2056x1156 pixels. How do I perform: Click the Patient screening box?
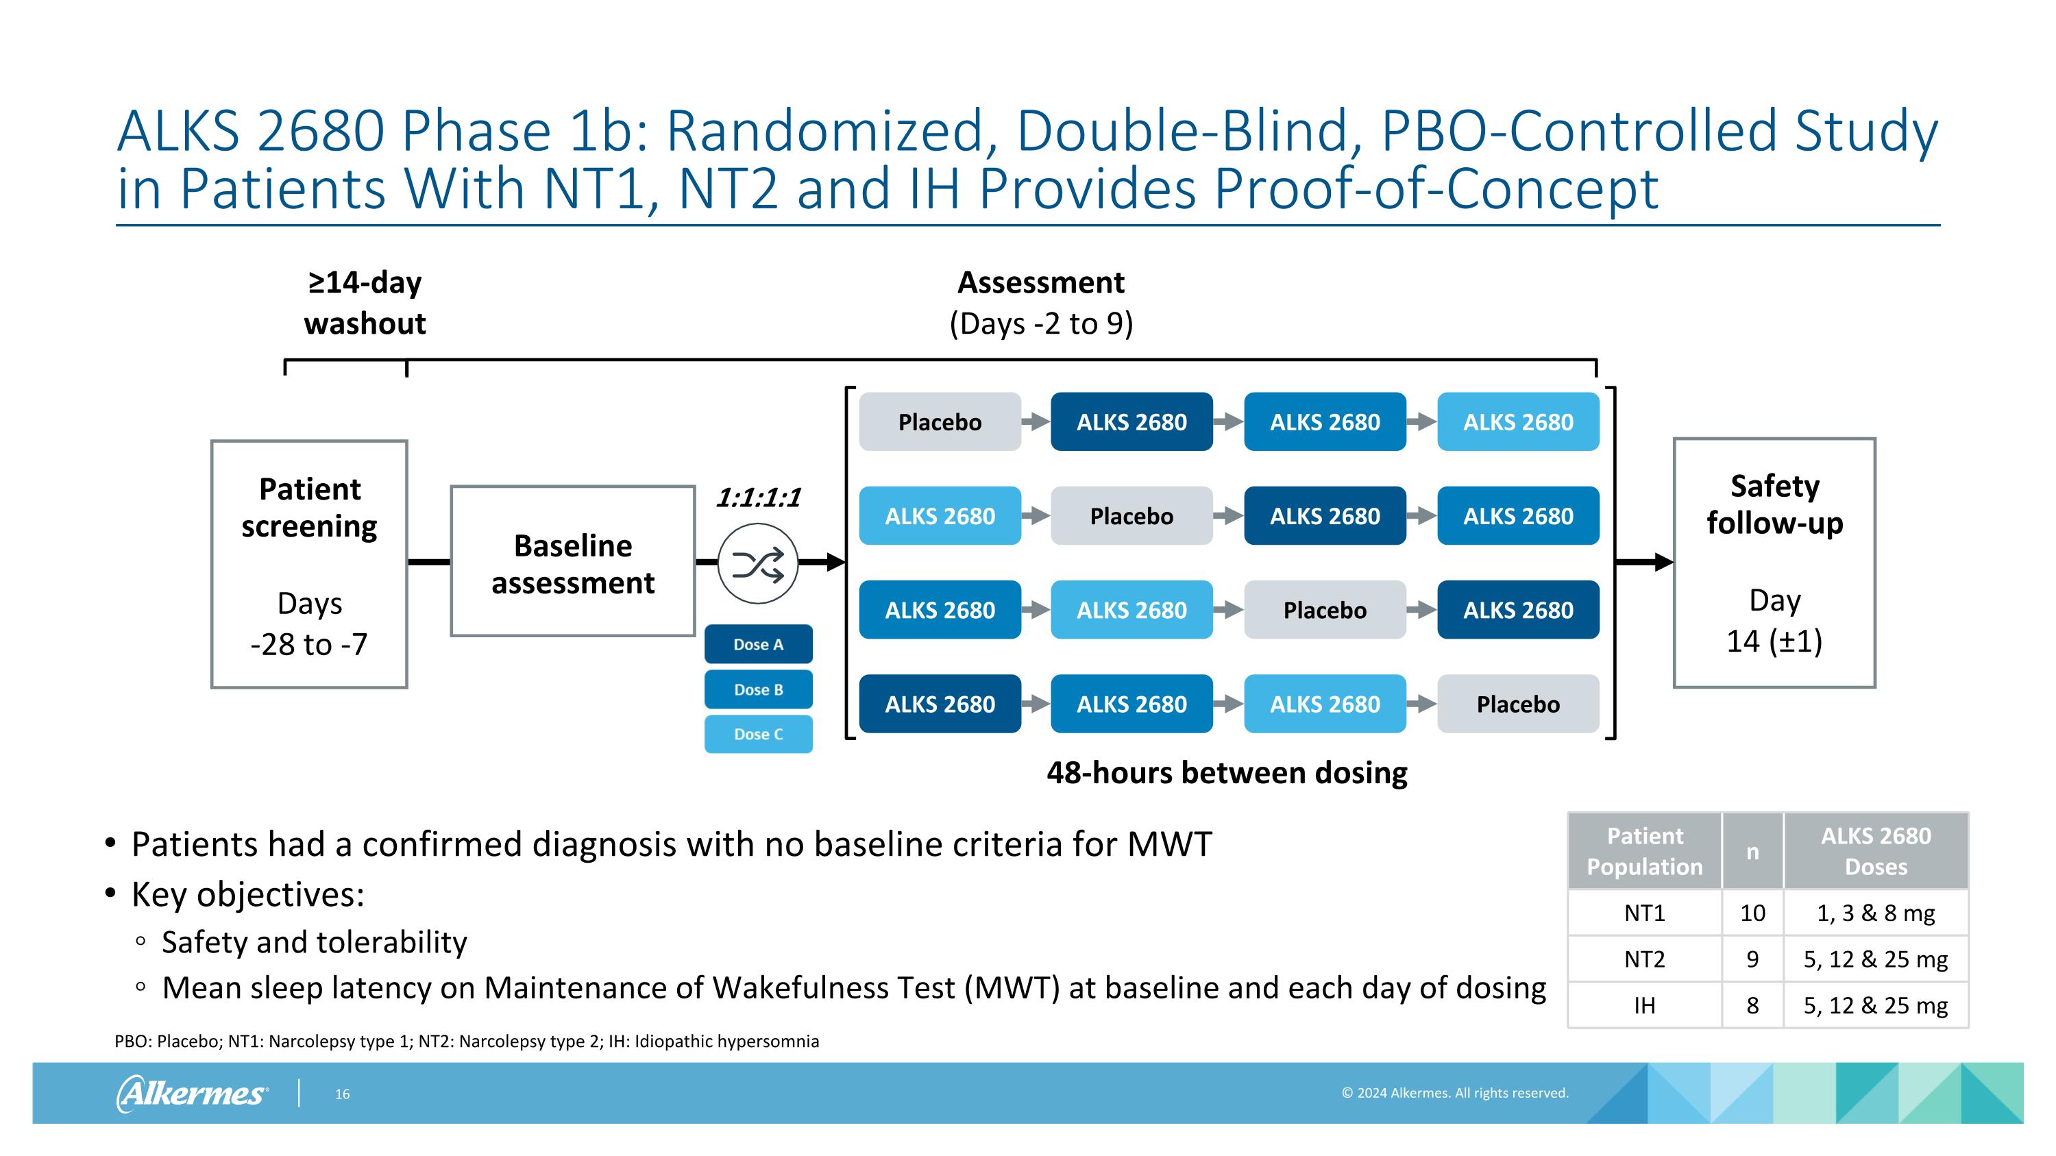[x=309, y=564]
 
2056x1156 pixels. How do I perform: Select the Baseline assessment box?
[x=572, y=562]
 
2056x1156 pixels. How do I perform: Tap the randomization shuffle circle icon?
[x=757, y=564]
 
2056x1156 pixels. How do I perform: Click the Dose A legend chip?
[x=758, y=645]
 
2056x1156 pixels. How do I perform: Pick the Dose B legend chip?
[x=758, y=689]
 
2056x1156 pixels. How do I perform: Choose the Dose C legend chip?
[x=758, y=734]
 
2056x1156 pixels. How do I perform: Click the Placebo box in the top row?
[x=940, y=422]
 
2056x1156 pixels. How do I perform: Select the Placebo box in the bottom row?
[x=1517, y=704]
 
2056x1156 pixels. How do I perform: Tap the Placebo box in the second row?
[x=1131, y=516]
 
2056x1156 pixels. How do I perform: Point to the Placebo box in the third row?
[x=1324, y=611]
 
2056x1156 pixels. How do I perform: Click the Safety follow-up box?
[x=1774, y=563]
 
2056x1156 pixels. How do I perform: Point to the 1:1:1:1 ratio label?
[x=757, y=497]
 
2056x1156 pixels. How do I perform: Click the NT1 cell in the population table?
[x=1644, y=913]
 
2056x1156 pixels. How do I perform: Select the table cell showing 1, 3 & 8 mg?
[x=1875, y=913]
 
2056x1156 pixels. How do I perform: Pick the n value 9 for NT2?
[x=1752, y=959]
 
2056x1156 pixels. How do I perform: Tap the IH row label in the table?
[x=1644, y=1005]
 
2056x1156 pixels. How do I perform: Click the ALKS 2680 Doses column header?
[x=1875, y=851]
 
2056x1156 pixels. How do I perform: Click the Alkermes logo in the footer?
[x=193, y=1093]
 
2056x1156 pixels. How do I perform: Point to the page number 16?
[x=343, y=1094]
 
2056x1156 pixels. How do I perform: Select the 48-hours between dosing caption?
[x=1227, y=773]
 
